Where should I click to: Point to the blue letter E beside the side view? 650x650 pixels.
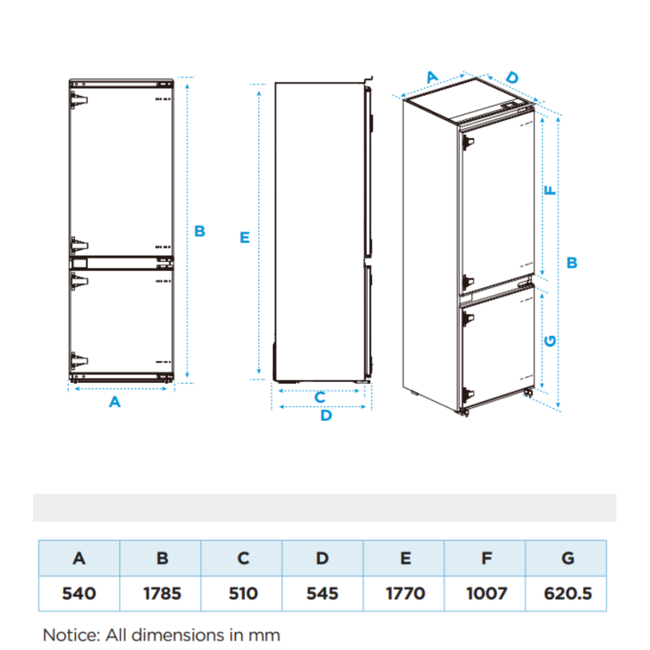[244, 237]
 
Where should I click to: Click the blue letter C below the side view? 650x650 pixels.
[320, 398]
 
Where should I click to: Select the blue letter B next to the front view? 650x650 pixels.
[200, 231]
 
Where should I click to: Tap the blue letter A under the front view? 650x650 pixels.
[115, 402]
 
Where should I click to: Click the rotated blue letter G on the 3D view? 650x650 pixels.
[550, 341]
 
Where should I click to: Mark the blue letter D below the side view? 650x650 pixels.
[326, 415]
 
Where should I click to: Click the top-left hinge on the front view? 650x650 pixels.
[79, 100]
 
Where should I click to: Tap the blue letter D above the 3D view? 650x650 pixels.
[512, 77]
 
